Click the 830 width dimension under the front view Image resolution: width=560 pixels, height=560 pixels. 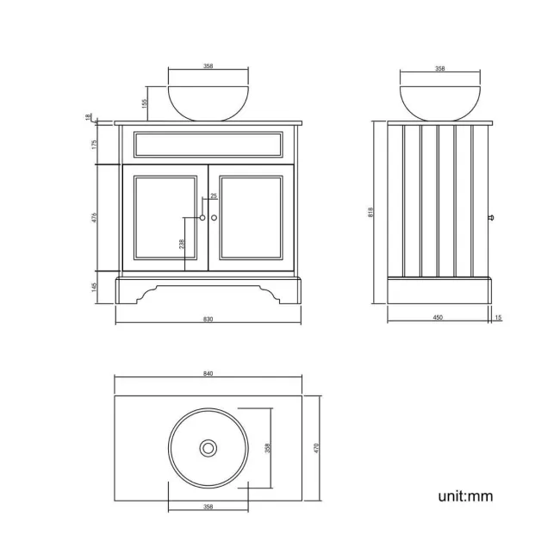tap(208, 319)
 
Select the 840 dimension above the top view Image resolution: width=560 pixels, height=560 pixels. tap(208, 374)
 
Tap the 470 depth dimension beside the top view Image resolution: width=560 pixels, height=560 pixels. tap(317, 448)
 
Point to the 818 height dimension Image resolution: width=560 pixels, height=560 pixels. tap(370, 213)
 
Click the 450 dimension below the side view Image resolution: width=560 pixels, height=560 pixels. tap(438, 318)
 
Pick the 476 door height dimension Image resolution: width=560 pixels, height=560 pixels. tap(94, 217)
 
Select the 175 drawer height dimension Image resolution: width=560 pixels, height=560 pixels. tap(94, 144)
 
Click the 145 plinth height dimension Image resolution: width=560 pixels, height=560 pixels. tap(94, 287)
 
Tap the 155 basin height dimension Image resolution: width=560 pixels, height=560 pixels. tap(145, 103)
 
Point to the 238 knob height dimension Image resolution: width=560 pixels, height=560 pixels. tap(181, 244)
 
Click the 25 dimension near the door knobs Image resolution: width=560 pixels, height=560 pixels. tap(214, 196)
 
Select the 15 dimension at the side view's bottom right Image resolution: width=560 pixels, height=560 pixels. tap(498, 318)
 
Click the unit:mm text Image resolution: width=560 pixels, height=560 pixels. tap(465, 496)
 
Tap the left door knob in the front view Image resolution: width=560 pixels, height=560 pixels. tap(202, 218)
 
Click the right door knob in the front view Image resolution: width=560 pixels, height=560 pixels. tap(214, 218)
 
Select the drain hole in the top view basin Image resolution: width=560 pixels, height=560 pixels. tap(208, 448)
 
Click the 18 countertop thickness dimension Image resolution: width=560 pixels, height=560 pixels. tap(88, 117)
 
